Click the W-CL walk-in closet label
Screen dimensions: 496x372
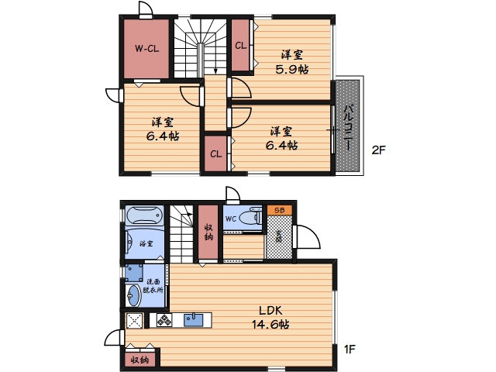(x=146, y=49)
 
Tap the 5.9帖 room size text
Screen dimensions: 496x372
(x=291, y=69)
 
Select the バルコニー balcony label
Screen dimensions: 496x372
(x=348, y=127)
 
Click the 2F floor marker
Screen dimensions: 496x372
(x=378, y=150)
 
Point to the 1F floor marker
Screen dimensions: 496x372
(x=350, y=350)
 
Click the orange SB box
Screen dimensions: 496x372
(x=279, y=210)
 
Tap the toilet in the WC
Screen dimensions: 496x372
(x=250, y=217)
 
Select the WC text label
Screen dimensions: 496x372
(x=231, y=219)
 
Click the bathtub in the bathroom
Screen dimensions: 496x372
(x=145, y=215)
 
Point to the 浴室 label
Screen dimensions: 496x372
(x=146, y=243)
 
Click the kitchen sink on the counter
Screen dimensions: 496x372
(x=194, y=319)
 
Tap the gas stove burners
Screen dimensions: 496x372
(x=164, y=320)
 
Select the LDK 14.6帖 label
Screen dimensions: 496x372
(x=270, y=317)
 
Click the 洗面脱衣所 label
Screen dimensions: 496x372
(x=153, y=286)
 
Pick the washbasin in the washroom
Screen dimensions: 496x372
(x=134, y=296)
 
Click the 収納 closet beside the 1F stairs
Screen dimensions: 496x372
(x=208, y=232)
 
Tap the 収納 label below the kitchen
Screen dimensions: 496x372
(x=139, y=360)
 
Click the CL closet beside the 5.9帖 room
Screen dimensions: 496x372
(x=240, y=45)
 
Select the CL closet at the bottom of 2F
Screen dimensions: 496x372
(x=215, y=153)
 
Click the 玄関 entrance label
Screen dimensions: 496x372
(x=278, y=236)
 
